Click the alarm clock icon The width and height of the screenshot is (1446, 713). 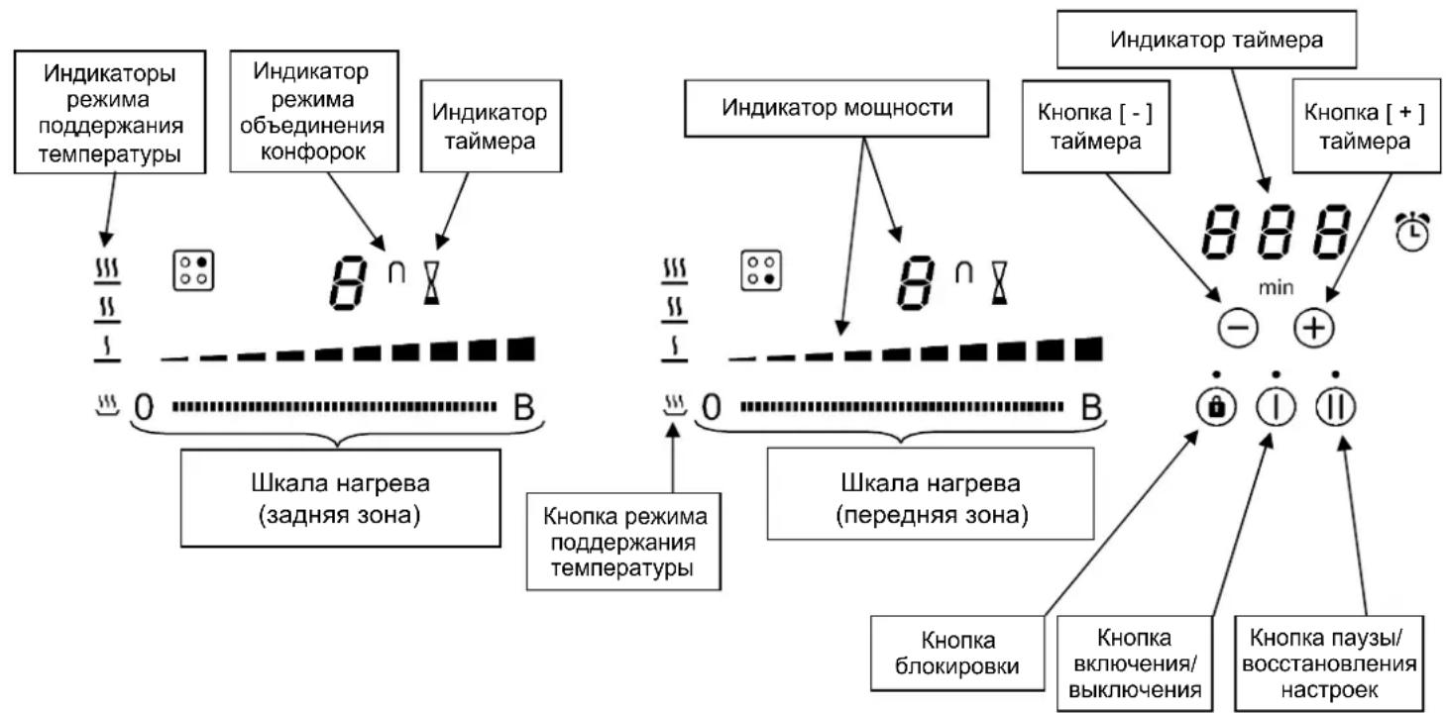pos(1412,230)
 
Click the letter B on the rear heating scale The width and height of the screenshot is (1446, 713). pos(522,407)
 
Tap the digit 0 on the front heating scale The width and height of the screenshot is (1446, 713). pos(711,407)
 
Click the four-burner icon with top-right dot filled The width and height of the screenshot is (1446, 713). pos(194,270)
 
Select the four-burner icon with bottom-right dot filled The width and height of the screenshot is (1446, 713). pos(760,270)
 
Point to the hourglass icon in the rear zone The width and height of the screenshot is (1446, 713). pos(431,282)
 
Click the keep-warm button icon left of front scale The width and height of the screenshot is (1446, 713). pos(674,404)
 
